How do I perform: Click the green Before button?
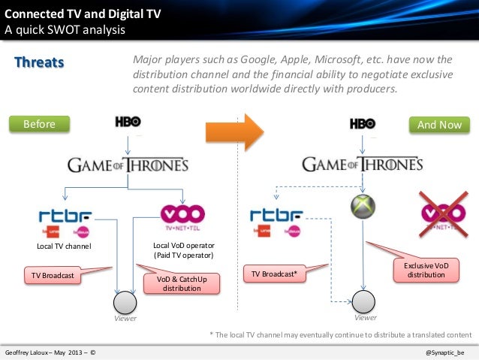coord(39,124)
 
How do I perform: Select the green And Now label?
coord(439,124)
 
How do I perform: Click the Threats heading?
coord(40,62)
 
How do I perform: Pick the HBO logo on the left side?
coord(128,123)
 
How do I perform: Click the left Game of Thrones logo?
coord(128,165)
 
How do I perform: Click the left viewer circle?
coord(122,302)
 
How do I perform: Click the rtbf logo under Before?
coord(67,216)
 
